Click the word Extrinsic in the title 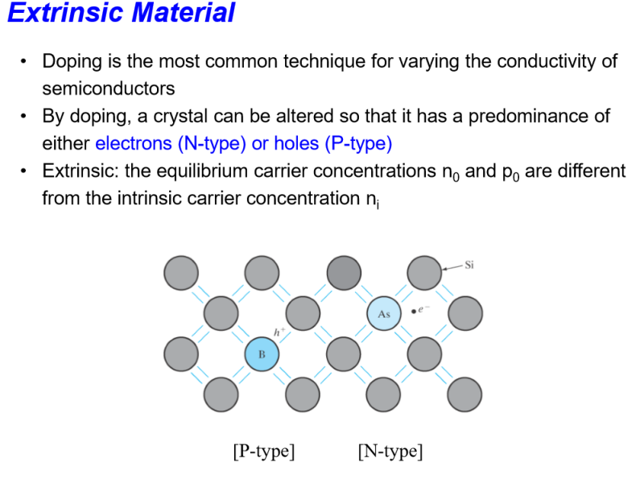pos(60,14)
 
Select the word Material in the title pos(180,14)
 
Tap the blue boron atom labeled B pos(262,353)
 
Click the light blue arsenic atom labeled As pos(383,314)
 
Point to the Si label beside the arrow pos(469,263)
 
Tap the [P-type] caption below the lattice pos(263,451)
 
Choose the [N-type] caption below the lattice pos(390,451)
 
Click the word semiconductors pos(108,87)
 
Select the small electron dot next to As pos(413,310)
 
